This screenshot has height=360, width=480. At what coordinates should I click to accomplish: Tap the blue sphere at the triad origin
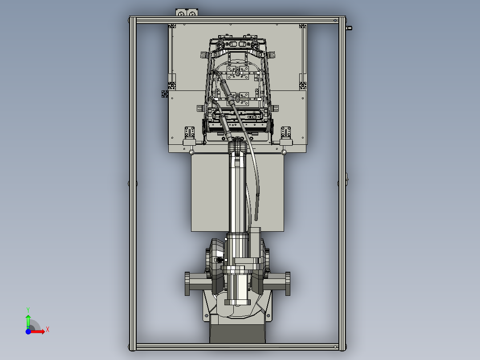pos(28,331)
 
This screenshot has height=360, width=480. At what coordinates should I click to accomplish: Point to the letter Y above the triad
pos(28,310)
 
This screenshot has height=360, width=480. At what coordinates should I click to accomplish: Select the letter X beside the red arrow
pos(48,330)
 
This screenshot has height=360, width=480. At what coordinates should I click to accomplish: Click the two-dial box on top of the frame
pos(187,12)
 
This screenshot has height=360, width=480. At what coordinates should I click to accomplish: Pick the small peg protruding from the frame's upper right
pos(349,28)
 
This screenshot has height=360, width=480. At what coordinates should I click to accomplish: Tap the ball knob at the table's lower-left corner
pos(191,152)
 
